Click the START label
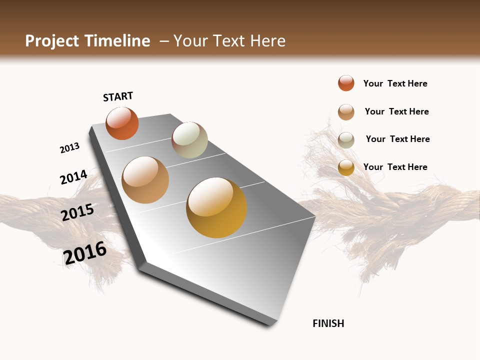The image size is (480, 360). (x=118, y=96)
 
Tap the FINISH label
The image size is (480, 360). (x=328, y=323)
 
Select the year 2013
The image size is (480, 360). (x=69, y=148)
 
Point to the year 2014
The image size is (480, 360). (x=73, y=177)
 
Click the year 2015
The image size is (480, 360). (x=77, y=212)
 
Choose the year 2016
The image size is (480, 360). (x=85, y=253)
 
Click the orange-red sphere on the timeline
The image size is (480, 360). (x=122, y=123)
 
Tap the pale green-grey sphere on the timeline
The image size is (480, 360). (x=189, y=140)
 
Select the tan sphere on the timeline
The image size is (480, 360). (x=145, y=180)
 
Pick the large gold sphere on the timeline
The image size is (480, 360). (x=216, y=207)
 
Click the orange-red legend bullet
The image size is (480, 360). (x=346, y=83)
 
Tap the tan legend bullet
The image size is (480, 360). (x=346, y=112)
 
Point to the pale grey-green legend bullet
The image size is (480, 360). (x=346, y=140)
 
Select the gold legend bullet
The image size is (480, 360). (x=346, y=167)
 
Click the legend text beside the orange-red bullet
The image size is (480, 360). (x=395, y=84)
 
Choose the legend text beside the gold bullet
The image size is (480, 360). (x=395, y=167)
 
